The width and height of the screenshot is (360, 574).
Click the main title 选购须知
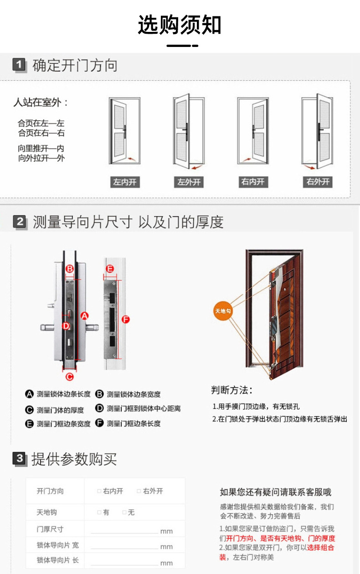(180, 25)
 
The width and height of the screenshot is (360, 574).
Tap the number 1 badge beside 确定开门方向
(19, 65)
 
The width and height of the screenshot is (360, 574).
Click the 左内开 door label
(124, 182)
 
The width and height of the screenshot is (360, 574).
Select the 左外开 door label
(189, 182)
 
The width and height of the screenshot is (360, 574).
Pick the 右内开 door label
(252, 182)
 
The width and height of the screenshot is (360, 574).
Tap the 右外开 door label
(318, 182)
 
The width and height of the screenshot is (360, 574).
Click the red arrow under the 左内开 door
(132, 159)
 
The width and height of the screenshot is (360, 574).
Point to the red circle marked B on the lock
(69, 269)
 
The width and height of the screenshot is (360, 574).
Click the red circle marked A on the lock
(84, 315)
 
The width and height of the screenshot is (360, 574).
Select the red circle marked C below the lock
(69, 376)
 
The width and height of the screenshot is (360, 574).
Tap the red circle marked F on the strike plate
(125, 320)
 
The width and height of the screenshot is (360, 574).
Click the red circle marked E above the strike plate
(110, 269)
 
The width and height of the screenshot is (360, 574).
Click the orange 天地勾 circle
(223, 311)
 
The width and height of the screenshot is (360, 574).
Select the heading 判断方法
(231, 390)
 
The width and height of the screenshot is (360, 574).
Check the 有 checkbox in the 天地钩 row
(99, 512)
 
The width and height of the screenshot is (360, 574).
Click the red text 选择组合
(320, 548)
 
